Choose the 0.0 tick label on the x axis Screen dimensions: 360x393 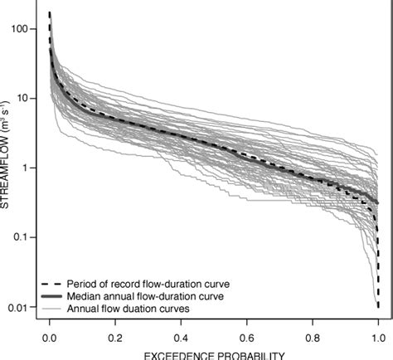[50, 338]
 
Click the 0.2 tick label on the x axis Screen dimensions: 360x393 [115, 338]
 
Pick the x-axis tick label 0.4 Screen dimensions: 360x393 [181, 338]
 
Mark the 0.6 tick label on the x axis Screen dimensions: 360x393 [246, 338]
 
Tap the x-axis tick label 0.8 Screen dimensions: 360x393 [312, 338]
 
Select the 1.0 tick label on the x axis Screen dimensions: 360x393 [377, 338]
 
